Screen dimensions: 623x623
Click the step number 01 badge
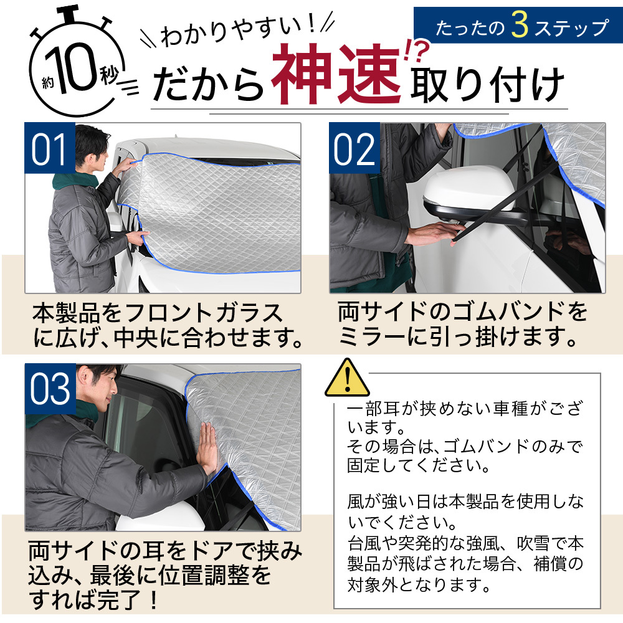(49, 150)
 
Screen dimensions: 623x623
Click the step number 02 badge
(354, 150)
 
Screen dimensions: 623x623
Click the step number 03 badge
(49, 390)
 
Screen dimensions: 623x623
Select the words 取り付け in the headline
(486, 84)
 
